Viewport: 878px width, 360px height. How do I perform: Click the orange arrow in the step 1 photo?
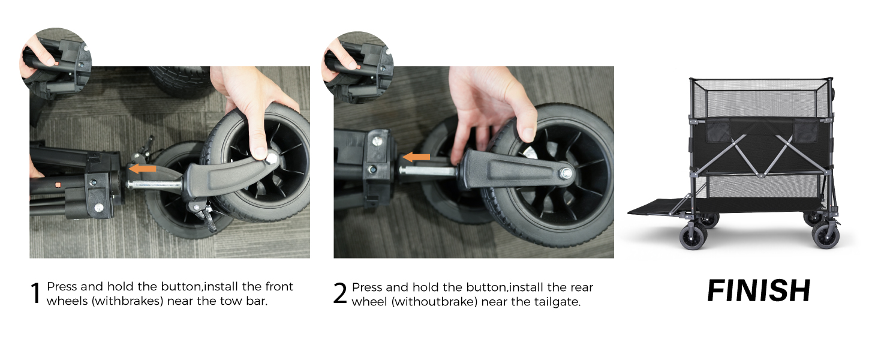tap(142, 169)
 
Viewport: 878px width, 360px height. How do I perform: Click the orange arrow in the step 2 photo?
tap(416, 157)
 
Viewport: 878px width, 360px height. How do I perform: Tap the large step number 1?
tap(35, 293)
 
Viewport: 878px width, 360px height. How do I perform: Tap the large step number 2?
tap(340, 293)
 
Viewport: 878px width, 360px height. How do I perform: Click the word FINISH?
tap(759, 291)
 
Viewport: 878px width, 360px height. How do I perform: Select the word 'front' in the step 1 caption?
tap(279, 286)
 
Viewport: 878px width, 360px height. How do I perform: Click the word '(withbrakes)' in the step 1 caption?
tap(128, 301)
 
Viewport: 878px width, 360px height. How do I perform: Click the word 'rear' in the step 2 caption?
tap(582, 287)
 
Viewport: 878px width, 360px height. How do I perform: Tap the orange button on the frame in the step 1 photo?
tap(58, 184)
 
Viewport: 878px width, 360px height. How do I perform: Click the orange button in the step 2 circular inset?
tap(358, 67)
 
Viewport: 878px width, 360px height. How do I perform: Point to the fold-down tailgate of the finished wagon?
tap(659, 206)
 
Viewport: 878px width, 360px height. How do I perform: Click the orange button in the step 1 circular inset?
tap(56, 64)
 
